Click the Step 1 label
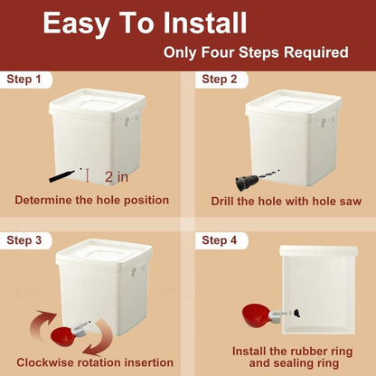24,80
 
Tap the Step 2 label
220,80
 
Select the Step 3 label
24,240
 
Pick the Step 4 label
220,240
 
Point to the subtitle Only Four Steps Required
256,52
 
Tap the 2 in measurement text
116,176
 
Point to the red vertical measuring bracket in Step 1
85,172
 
